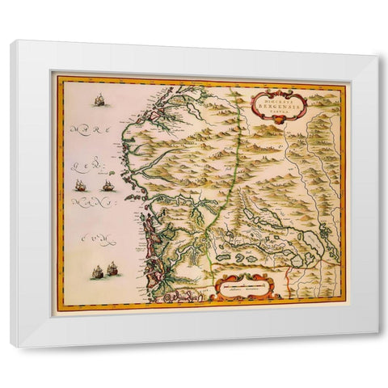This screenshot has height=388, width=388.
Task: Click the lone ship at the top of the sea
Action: click(99, 100)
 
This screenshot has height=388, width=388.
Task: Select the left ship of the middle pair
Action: click(81, 185)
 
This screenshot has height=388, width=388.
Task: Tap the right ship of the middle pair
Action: click(107, 186)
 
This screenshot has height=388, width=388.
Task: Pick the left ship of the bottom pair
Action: click(96, 272)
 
